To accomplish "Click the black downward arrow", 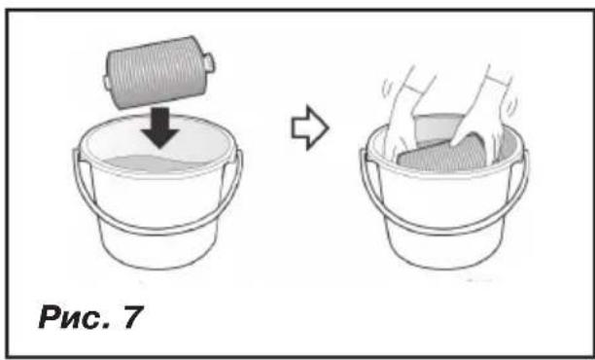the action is click(x=159, y=128).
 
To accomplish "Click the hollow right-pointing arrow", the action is click(x=310, y=128).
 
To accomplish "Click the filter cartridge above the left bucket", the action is click(x=158, y=72).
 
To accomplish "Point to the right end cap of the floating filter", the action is click(x=209, y=62).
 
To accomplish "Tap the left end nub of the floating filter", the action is click(x=106, y=83).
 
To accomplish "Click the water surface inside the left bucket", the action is click(x=154, y=162).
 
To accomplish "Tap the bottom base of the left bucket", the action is click(x=158, y=262).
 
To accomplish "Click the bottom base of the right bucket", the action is click(x=444, y=262).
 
